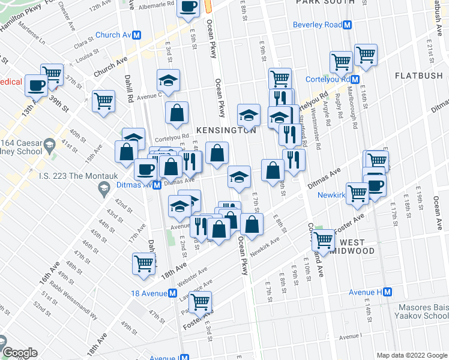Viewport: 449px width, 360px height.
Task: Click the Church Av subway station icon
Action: pyautogui.click(x=137, y=35)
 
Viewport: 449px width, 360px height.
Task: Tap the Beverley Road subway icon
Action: pyautogui.click(x=347, y=25)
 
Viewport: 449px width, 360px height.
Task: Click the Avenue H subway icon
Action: pyautogui.click(x=387, y=292)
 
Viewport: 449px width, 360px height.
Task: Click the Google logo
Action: pyautogui.click(x=20, y=353)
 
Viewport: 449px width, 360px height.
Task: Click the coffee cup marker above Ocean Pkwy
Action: pyautogui.click(x=188, y=8)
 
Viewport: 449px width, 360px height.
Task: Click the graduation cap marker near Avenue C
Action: pyautogui.click(x=169, y=80)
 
